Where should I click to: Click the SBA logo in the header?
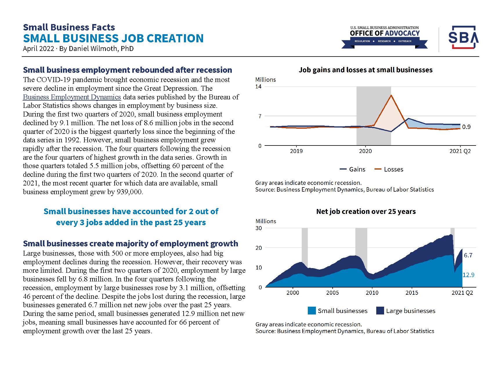[463, 37]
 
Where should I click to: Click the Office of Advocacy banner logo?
[384, 37]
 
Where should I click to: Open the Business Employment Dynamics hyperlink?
[72, 97]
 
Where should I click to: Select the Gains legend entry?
[352, 169]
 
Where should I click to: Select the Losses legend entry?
[389, 169]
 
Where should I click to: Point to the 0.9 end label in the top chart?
[466, 127]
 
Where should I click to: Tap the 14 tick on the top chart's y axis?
[258, 86]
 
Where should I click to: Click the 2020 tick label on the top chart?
[365, 151]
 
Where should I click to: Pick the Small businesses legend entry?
[337, 311]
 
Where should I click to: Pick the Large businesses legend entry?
[406, 311]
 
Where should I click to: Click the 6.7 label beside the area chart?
[468, 255]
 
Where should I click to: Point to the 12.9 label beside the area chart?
[469, 275]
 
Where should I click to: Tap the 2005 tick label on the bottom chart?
[332, 293]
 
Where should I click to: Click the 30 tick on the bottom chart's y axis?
[258, 228]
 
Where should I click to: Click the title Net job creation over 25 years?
[366, 211]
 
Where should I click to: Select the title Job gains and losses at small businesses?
[366, 70]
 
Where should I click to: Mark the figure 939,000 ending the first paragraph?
[129, 192]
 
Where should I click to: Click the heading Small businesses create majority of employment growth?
[131, 243]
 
